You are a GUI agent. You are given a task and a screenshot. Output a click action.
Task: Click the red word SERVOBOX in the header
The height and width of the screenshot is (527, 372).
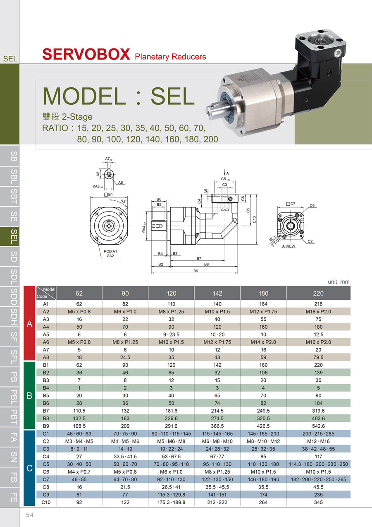coord(86,54)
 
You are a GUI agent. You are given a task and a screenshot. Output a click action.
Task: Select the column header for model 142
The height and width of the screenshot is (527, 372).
coord(217,293)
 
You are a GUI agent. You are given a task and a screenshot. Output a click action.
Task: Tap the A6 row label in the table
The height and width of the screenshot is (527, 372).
coord(46,342)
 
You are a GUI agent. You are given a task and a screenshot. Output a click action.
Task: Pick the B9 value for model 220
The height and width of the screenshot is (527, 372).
coord(318,426)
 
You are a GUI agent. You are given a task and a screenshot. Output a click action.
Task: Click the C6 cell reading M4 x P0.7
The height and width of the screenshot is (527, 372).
coord(79,472)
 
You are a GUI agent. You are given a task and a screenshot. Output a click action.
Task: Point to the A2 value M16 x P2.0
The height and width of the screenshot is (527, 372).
coord(318,311)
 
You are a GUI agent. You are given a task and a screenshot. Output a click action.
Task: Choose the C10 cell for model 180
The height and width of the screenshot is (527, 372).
coord(263,502)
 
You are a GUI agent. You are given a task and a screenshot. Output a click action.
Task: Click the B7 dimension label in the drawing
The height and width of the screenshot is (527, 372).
coord(199,258)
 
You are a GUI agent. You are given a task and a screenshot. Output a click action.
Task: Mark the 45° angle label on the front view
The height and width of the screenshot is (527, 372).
coord(124,201)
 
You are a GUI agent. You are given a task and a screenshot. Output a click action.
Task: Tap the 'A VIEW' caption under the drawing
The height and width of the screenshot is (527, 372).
coord(289,246)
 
